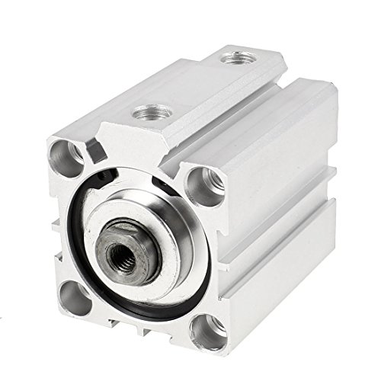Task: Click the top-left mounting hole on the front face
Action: click(x=65, y=155)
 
